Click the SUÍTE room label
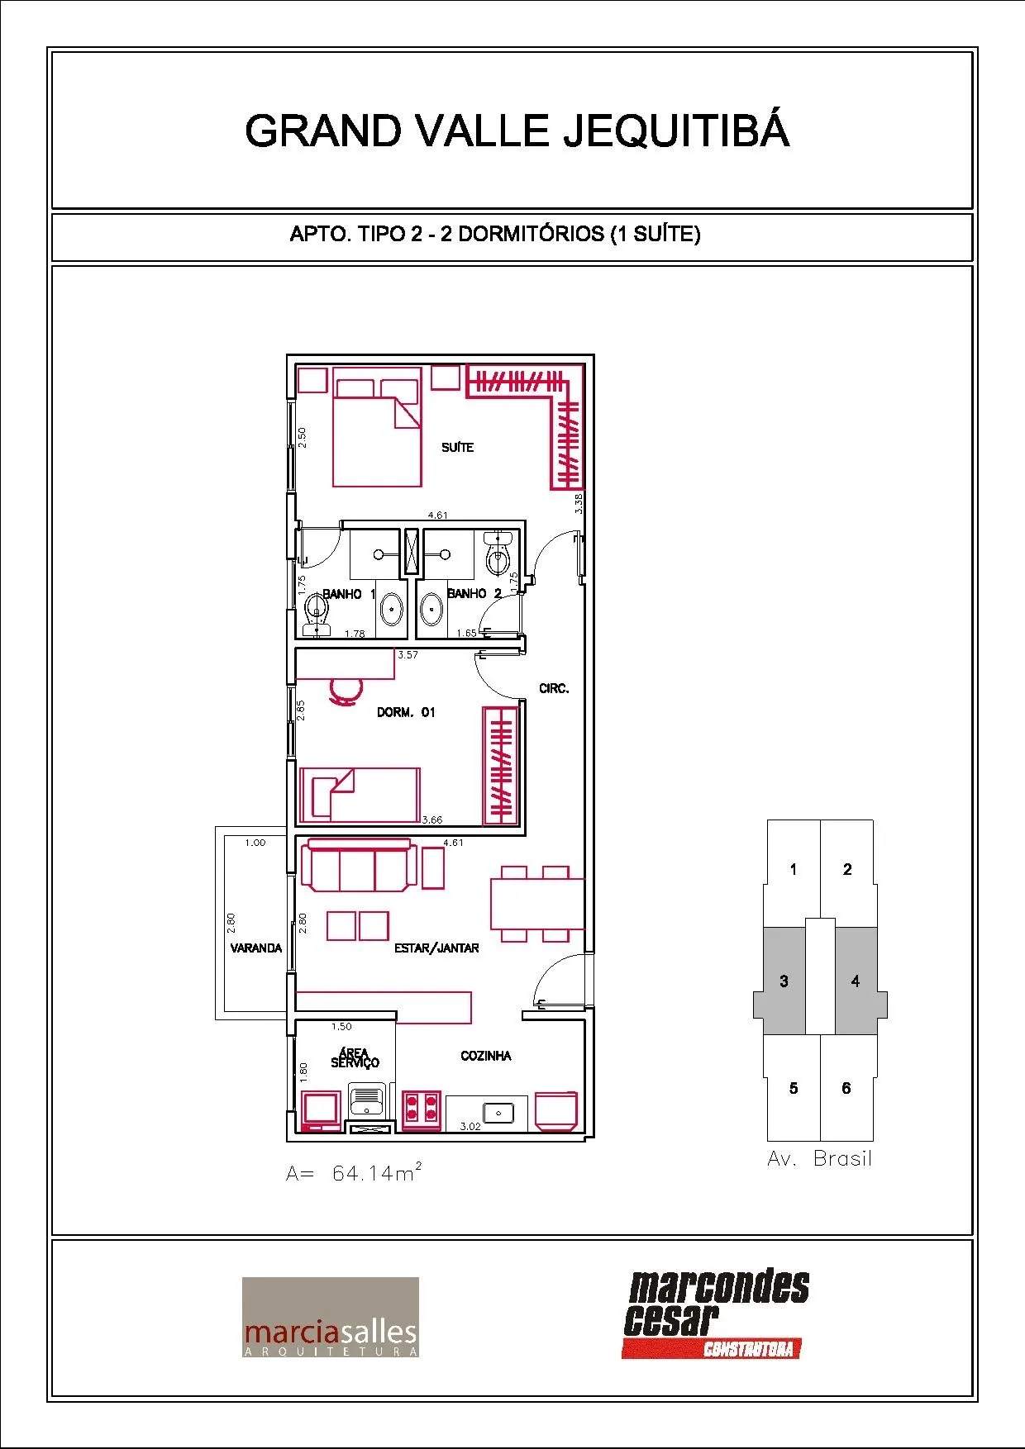click(x=457, y=447)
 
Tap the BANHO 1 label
click(x=349, y=593)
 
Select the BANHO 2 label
click(x=474, y=593)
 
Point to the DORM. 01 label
click(x=406, y=712)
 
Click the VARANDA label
click(x=256, y=948)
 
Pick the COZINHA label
click(x=486, y=1056)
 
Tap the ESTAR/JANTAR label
click(x=436, y=948)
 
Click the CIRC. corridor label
click(x=554, y=688)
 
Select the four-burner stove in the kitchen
click(x=421, y=1109)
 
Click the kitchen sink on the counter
click(x=498, y=1113)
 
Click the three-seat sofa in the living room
click(x=359, y=865)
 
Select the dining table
click(x=536, y=904)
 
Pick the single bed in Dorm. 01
click(x=360, y=795)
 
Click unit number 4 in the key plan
click(x=856, y=981)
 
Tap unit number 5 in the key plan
click(x=794, y=1088)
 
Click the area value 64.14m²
click(x=377, y=1172)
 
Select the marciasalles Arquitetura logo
click(x=331, y=1317)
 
